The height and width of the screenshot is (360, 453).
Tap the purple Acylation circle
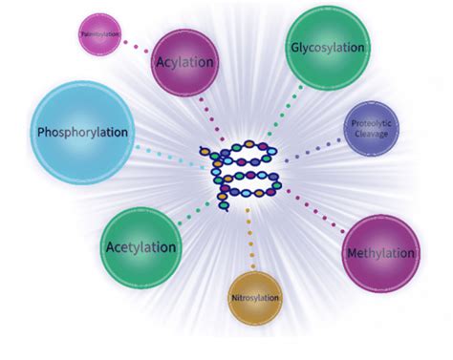184,63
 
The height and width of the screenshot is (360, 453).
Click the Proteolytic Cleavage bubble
371,128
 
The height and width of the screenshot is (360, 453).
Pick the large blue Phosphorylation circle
81,132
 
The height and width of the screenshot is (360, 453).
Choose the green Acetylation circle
140,247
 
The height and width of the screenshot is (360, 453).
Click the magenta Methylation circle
379,253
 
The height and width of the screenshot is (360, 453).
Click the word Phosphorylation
81,132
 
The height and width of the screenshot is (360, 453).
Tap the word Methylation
380,254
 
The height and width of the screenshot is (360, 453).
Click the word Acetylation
140,247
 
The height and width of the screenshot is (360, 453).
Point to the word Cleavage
371,135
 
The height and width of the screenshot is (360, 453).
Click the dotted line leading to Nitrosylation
251,239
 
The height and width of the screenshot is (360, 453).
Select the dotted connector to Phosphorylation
167,155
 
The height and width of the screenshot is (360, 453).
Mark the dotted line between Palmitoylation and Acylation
137,45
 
